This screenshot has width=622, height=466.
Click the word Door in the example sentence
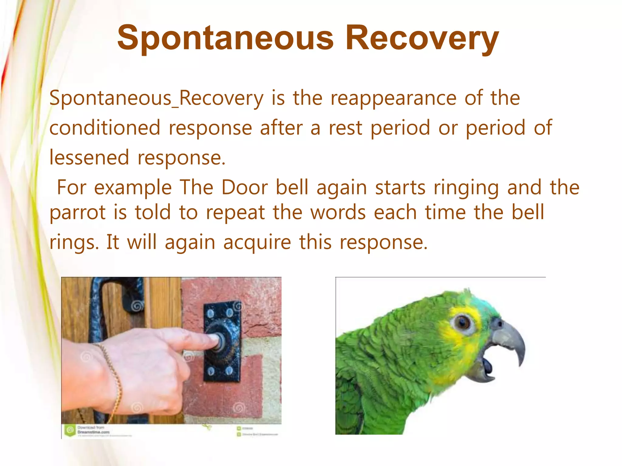coord(244,187)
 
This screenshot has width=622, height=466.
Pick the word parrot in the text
coord(77,212)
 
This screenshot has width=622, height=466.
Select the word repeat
coord(235,212)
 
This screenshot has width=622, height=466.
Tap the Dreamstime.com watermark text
coord(93,432)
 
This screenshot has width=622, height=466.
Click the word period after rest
coord(400,128)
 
